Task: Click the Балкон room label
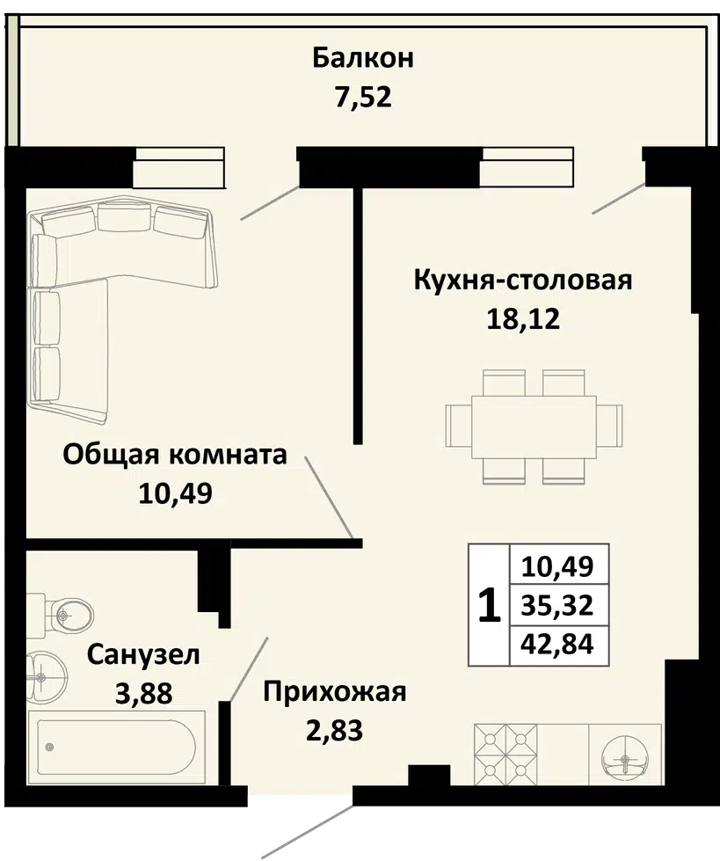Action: pyautogui.click(x=363, y=58)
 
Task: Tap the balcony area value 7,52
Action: pyautogui.click(x=363, y=97)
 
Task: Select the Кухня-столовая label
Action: pyautogui.click(x=523, y=280)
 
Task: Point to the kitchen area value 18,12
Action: pyautogui.click(x=523, y=318)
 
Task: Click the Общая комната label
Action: pyautogui.click(x=175, y=455)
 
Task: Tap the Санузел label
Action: pyautogui.click(x=143, y=654)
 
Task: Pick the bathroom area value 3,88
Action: pyautogui.click(x=143, y=693)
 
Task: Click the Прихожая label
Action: pyautogui.click(x=335, y=692)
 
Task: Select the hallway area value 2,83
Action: pyautogui.click(x=335, y=730)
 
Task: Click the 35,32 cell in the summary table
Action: pyautogui.click(x=557, y=605)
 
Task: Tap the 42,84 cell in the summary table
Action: pyautogui.click(x=557, y=644)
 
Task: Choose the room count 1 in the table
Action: pyautogui.click(x=490, y=605)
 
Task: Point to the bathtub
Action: pyautogui.click(x=116, y=747)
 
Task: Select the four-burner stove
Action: pyautogui.click(x=505, y=755)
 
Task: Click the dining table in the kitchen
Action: pyautogui.click(x=534, y=427)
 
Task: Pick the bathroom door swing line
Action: pyautogui.click(x=249, y=669)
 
